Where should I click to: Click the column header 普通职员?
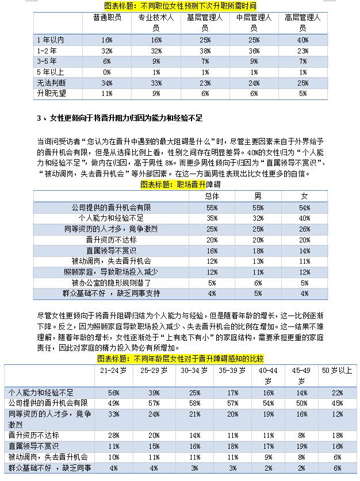106,18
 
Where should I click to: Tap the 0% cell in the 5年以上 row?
106,72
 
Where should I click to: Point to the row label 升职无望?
51,93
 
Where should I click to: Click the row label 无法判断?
51,83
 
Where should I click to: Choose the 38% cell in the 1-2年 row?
204,51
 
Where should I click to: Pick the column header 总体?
212,196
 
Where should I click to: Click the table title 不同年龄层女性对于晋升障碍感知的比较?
180,359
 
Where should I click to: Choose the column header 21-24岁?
114,371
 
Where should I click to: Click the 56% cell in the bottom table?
114,392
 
